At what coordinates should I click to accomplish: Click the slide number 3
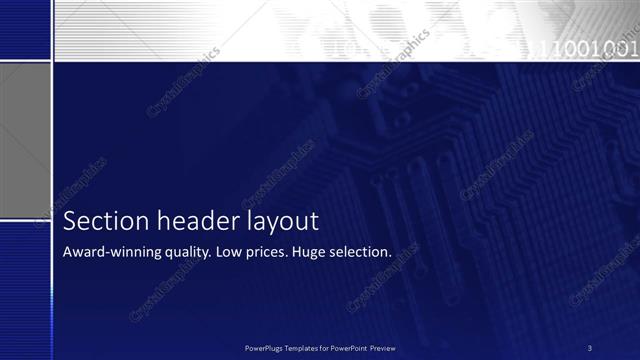(590, 348)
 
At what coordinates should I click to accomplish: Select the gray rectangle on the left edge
(25, 141)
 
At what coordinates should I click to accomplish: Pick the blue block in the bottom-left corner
(25, 290)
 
